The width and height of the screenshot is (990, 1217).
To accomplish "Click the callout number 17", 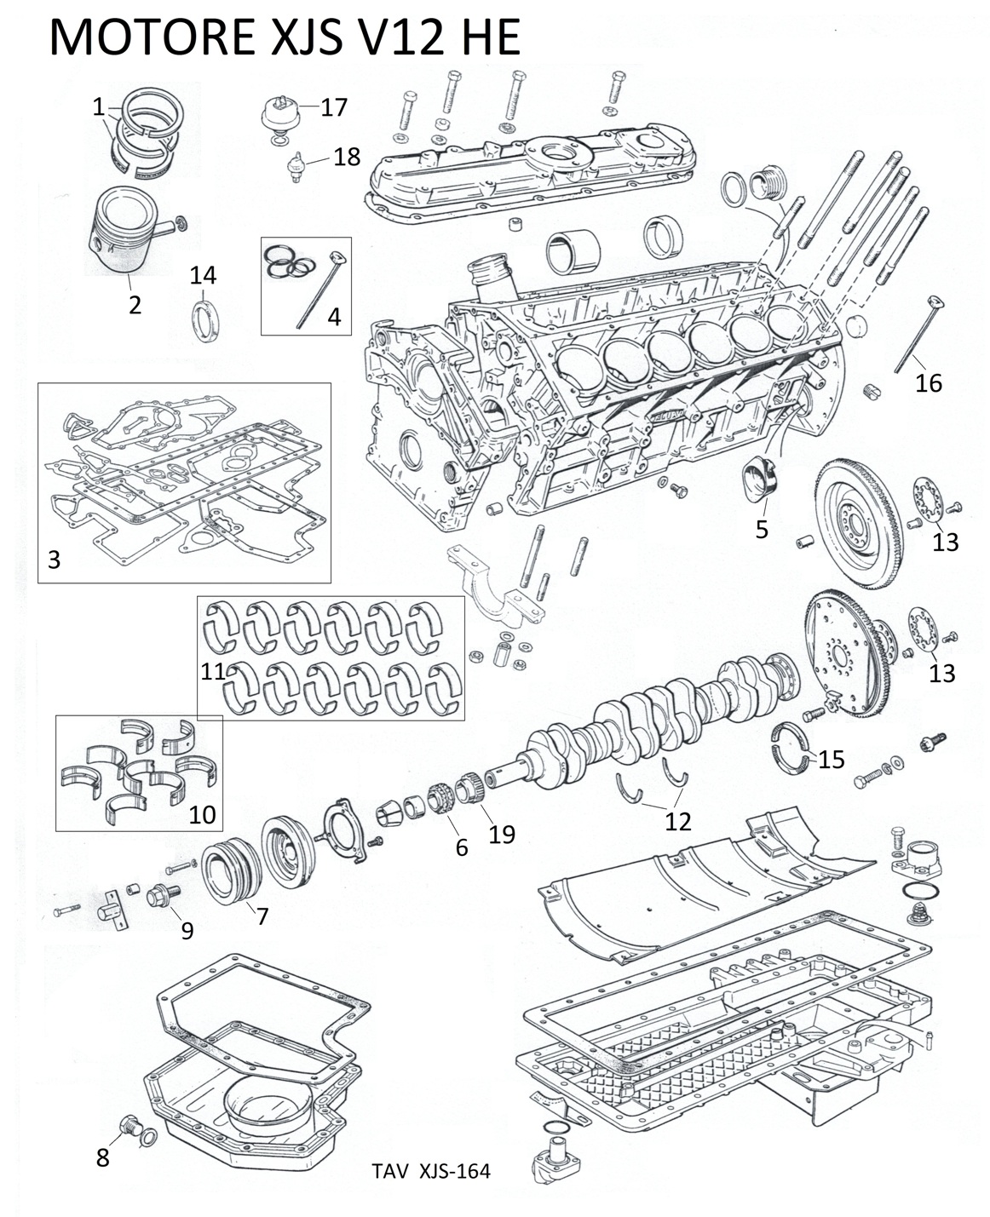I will (334, 107).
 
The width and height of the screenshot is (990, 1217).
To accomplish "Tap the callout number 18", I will (347, 157).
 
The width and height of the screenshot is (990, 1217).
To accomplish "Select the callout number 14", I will (203, 275).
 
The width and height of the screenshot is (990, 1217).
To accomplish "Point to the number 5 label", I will (762, 529).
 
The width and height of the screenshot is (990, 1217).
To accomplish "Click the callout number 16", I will (929, 383).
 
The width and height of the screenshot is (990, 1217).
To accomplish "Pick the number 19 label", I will (502, 834).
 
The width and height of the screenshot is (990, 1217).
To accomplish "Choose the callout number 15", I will (832, 759).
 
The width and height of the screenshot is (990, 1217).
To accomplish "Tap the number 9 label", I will (187, 931).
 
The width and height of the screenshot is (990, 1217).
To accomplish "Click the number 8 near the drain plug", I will (102, 1158).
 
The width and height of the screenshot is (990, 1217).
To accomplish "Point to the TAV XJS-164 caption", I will (431, 1171).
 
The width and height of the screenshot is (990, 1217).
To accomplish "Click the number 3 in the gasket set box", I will (55, 560).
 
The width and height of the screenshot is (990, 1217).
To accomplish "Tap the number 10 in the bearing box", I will (202, 814).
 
